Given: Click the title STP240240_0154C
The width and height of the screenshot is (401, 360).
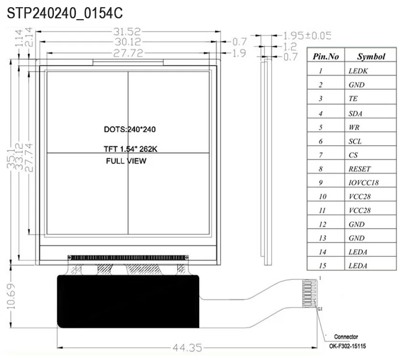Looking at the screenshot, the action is point(64,13).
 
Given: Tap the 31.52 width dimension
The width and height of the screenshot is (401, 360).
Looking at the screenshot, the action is point(127,32).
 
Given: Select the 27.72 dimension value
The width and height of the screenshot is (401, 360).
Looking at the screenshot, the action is point(128,53).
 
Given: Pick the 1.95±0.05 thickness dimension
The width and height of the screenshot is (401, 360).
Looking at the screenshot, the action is point(307,36).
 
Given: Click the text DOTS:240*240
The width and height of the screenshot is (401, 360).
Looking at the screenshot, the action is point(130,129).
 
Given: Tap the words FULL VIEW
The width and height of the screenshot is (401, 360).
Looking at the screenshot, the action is point(126,161).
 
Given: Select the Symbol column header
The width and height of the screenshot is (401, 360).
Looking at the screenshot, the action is point(371,56).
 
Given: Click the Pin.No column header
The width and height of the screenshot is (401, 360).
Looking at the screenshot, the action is point(326,56).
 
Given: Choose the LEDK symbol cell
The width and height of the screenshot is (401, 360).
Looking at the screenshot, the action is point(359,71).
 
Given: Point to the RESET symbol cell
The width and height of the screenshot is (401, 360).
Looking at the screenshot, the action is point(359,169).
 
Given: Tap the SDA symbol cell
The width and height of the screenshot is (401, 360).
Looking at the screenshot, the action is point(356,114).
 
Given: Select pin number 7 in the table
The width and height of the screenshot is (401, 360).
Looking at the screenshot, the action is point(321,155).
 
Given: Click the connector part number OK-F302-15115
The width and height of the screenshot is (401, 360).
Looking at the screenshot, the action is point(351,346).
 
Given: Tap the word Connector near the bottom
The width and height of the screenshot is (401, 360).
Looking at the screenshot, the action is point(346,337).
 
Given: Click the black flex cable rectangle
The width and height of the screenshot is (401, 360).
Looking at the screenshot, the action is point(128,301).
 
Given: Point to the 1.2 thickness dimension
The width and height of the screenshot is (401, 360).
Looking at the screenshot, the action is point(290,47).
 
